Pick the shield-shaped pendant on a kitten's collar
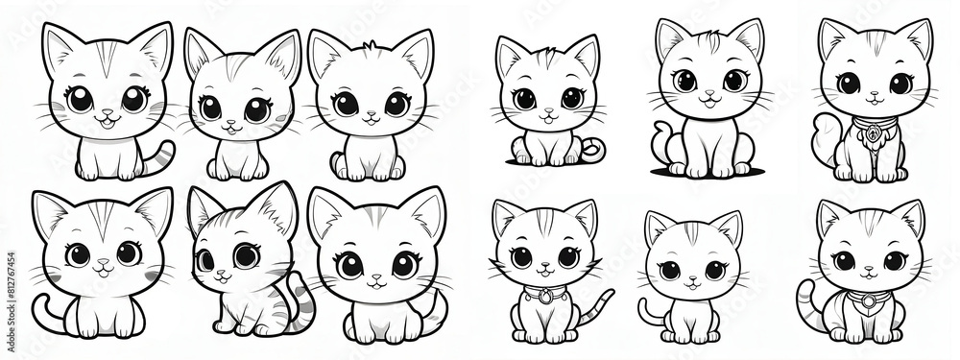(x=868, y=301)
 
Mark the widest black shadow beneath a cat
(x=708, y=173)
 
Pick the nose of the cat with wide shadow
(x=708, y=94)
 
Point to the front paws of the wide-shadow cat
(x=708, y=166)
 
